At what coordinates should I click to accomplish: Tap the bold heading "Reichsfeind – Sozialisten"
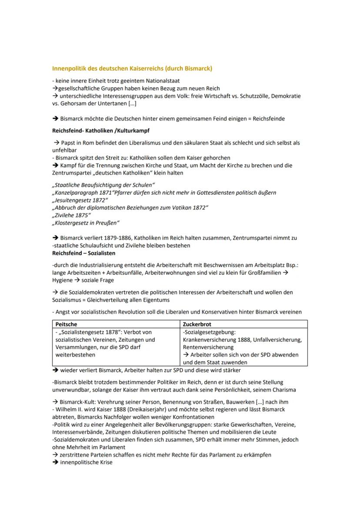tap(83, 253)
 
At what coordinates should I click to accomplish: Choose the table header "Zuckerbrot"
tap(198, 324)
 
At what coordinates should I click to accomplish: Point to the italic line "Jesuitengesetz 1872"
tap(80, 200)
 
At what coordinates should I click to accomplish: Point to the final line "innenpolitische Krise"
tap(86, 462)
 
